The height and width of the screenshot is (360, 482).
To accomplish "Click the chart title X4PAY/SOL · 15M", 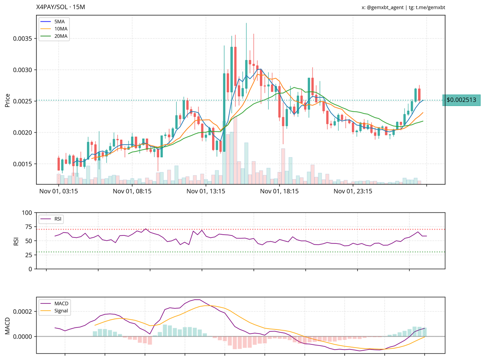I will point(60,7).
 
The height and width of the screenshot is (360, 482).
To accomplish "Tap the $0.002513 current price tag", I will point(461,100).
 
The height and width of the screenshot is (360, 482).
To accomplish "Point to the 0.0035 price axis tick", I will point(23,39).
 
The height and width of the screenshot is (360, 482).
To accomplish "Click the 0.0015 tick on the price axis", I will point(23,164).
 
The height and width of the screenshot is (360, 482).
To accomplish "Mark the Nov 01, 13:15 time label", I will point(206,192).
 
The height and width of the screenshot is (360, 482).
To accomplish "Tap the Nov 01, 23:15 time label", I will point(353,192).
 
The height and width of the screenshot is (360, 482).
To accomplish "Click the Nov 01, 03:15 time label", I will point(59,192).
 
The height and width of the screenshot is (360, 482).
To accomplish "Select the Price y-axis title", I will point(7,100).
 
